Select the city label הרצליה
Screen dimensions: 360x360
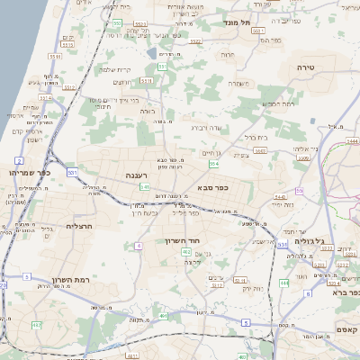[80, 227]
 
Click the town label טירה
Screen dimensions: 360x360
[307, 67]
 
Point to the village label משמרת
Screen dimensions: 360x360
[238, 84]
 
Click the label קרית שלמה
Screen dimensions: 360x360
[118, 69]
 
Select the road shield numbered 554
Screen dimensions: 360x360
[213, 165]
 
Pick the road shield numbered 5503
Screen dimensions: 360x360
[260, 149]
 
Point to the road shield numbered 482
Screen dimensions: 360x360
[36, 324]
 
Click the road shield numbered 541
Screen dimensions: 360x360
[145, 187]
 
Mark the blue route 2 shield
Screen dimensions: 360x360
[20, 160]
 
